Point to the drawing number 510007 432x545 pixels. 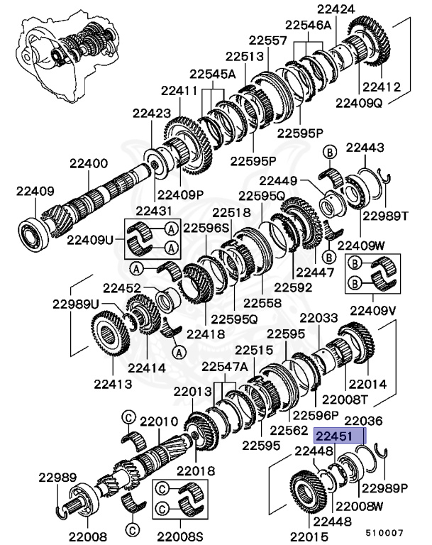pyautogui.click(x=384, y=532)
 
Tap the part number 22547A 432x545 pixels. pyautogui.click(x=224, y=367)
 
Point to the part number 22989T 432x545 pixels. pyautogui.click(x=386, y=216)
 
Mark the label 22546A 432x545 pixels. pyautogui.click(x=309, y=24)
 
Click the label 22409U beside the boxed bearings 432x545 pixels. pyautogui.click(x=90, y=240)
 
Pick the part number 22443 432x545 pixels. pyautogui.click(x=365, y=148)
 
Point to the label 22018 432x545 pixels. pyautogui.click(x=196, y=471)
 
